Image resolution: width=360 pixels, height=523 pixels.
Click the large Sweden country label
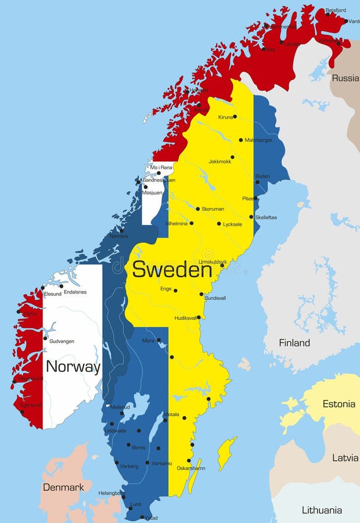tap(171, 270)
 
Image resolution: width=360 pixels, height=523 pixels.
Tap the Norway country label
tap(73, 367)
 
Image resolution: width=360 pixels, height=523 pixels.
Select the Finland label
tap(294, 343)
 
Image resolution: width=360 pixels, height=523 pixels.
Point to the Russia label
tap(345, 78)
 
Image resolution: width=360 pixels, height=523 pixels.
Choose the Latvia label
tap(345, 458)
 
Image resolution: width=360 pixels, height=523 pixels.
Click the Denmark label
tap(63, 487)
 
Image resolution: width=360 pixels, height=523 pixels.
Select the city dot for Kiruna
tap(235, 117)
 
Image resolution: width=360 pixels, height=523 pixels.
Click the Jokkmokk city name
tap(219, 162)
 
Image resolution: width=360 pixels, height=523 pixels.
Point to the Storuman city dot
tap(197, 209)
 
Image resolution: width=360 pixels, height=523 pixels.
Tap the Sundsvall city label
tap(216, 298)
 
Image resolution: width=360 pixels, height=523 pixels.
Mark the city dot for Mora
tap(159, 340)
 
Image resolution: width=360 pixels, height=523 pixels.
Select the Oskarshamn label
tap(191, 468)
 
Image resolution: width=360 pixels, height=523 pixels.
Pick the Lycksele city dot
tap(219, 224)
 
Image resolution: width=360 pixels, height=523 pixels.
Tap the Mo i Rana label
tap(161, 167)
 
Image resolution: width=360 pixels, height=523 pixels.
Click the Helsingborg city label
tap(111, 492)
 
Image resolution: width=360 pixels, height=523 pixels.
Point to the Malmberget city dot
tap(241, 140)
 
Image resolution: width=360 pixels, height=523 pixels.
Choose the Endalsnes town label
tap(75, 292)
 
